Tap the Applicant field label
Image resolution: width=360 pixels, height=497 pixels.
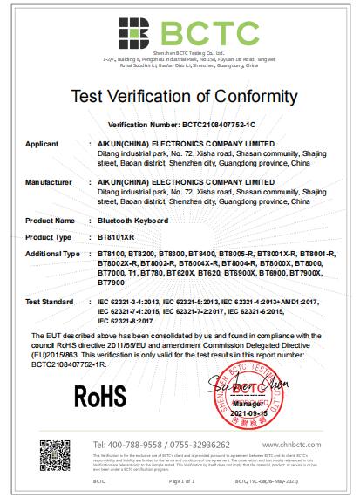tap(44, 141)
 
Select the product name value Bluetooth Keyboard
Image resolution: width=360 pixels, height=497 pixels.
tap(132, 221)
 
